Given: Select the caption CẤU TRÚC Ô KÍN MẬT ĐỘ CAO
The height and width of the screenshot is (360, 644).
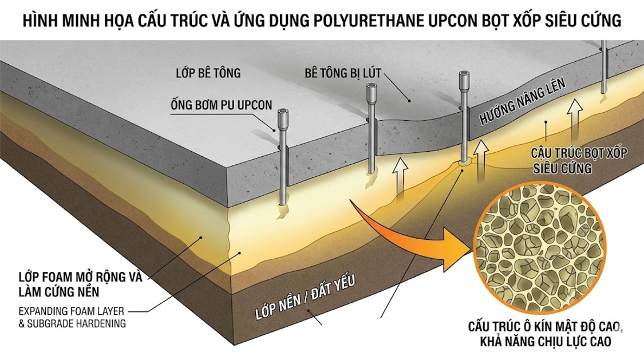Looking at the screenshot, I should [546, 327].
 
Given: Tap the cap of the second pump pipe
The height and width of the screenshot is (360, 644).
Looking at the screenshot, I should [372, 90].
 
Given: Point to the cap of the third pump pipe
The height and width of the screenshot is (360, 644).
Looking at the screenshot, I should [465, 78].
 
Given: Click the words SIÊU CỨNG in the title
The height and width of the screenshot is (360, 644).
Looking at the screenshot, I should [581, 22].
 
